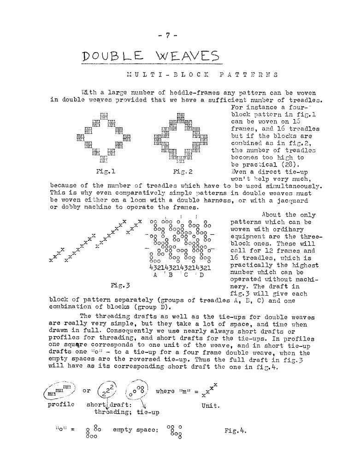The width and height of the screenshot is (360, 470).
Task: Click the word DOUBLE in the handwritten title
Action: [109, 59]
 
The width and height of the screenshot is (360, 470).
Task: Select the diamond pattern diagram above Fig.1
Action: [104, 137]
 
